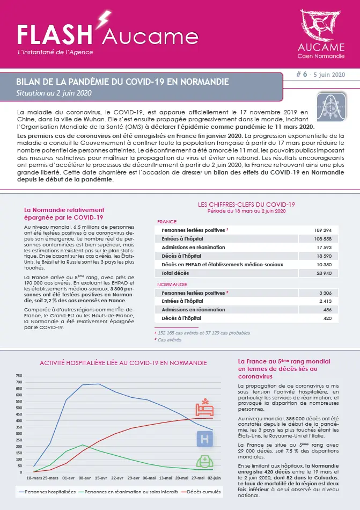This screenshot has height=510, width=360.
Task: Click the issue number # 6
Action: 302,76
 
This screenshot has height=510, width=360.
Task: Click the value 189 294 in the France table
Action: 320,230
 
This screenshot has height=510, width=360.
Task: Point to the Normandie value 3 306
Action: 324,293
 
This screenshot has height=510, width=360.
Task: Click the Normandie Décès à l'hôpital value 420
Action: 326,319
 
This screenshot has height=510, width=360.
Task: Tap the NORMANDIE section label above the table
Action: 172,284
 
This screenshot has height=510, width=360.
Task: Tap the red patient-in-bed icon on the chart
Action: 204,409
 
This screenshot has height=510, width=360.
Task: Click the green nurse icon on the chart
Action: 204,462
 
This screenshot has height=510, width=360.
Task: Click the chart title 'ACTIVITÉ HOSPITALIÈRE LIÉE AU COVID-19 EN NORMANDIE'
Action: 123,363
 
